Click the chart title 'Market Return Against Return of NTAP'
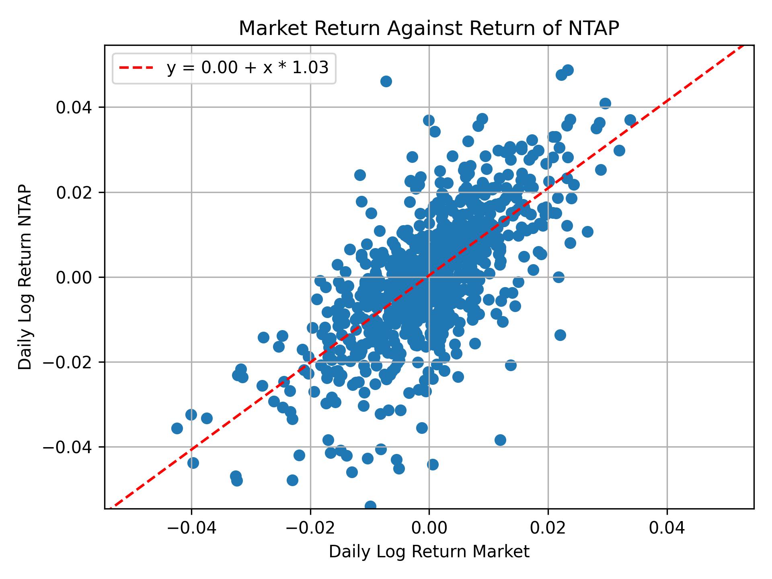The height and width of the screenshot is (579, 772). [429, 29]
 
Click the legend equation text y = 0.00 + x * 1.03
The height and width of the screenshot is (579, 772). [248, 68]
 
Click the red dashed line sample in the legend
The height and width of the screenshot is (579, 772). [136, 68]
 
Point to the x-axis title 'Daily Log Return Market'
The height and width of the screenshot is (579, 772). [429, 552]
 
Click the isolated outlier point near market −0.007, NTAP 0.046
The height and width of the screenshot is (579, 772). [386, 82]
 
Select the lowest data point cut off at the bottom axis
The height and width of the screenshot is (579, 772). [370, 505]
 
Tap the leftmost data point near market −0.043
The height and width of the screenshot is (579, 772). [177, 428]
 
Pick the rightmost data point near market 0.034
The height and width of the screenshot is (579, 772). [630, 120]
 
